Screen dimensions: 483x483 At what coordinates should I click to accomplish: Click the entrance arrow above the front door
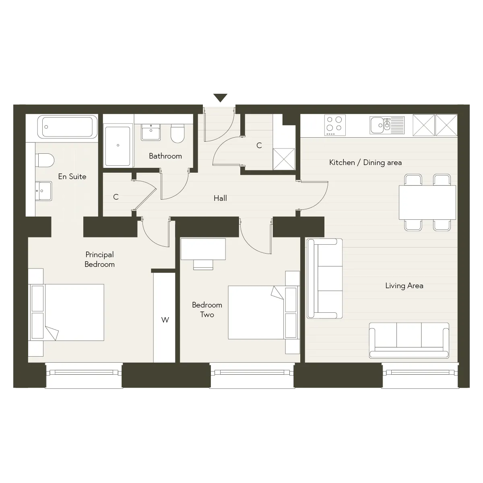point(220,97)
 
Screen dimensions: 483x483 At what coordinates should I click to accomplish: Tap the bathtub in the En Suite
point(68,127)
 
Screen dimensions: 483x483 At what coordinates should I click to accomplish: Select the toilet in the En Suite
point(45,160)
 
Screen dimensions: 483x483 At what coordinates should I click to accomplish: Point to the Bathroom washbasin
point(151,132)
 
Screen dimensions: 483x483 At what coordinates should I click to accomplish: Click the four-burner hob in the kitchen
point(335,125)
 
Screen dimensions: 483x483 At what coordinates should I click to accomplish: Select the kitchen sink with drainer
point(387,125)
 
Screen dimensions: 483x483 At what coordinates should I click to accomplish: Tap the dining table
point(427,202)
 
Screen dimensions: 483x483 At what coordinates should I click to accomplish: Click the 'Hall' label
point(220,198)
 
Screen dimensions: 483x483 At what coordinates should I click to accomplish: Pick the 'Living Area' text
point(404,285)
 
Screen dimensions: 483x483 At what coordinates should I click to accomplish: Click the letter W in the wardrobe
point(165,320)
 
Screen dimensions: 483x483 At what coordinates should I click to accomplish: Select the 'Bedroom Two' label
point(207,310)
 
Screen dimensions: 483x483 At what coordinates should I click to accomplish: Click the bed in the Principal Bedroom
point(66,312)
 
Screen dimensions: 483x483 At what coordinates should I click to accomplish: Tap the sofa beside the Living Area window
point(409,341)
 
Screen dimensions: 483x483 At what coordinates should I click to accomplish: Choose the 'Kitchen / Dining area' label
point(365,163)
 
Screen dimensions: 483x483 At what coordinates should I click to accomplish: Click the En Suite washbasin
point(43,191)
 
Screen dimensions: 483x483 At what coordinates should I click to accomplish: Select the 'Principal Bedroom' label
point(99,260)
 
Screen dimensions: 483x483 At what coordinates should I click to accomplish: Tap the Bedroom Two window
point(252,372)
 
